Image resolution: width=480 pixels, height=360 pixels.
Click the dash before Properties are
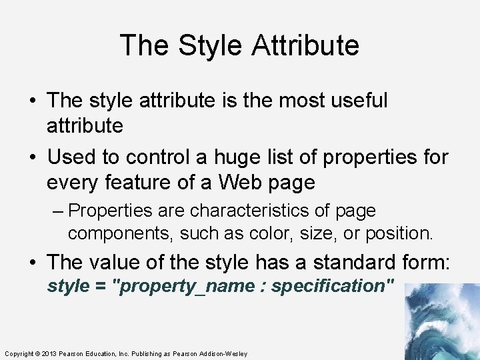58,211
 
